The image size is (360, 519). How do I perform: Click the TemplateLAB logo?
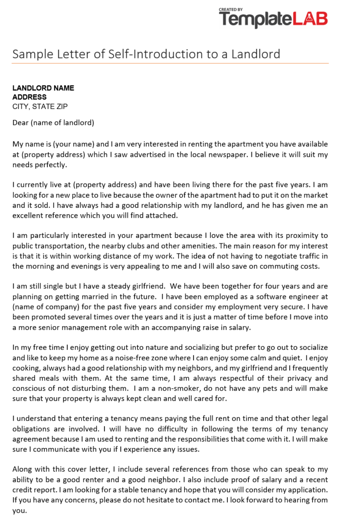point(273,19)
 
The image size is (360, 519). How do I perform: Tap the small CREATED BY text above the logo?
point(231,9)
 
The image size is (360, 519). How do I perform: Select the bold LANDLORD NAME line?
point(43,88)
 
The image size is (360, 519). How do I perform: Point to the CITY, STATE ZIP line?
point(40,107)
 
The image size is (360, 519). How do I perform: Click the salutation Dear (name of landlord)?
point(53,123)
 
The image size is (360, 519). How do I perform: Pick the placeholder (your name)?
point(73,144)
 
